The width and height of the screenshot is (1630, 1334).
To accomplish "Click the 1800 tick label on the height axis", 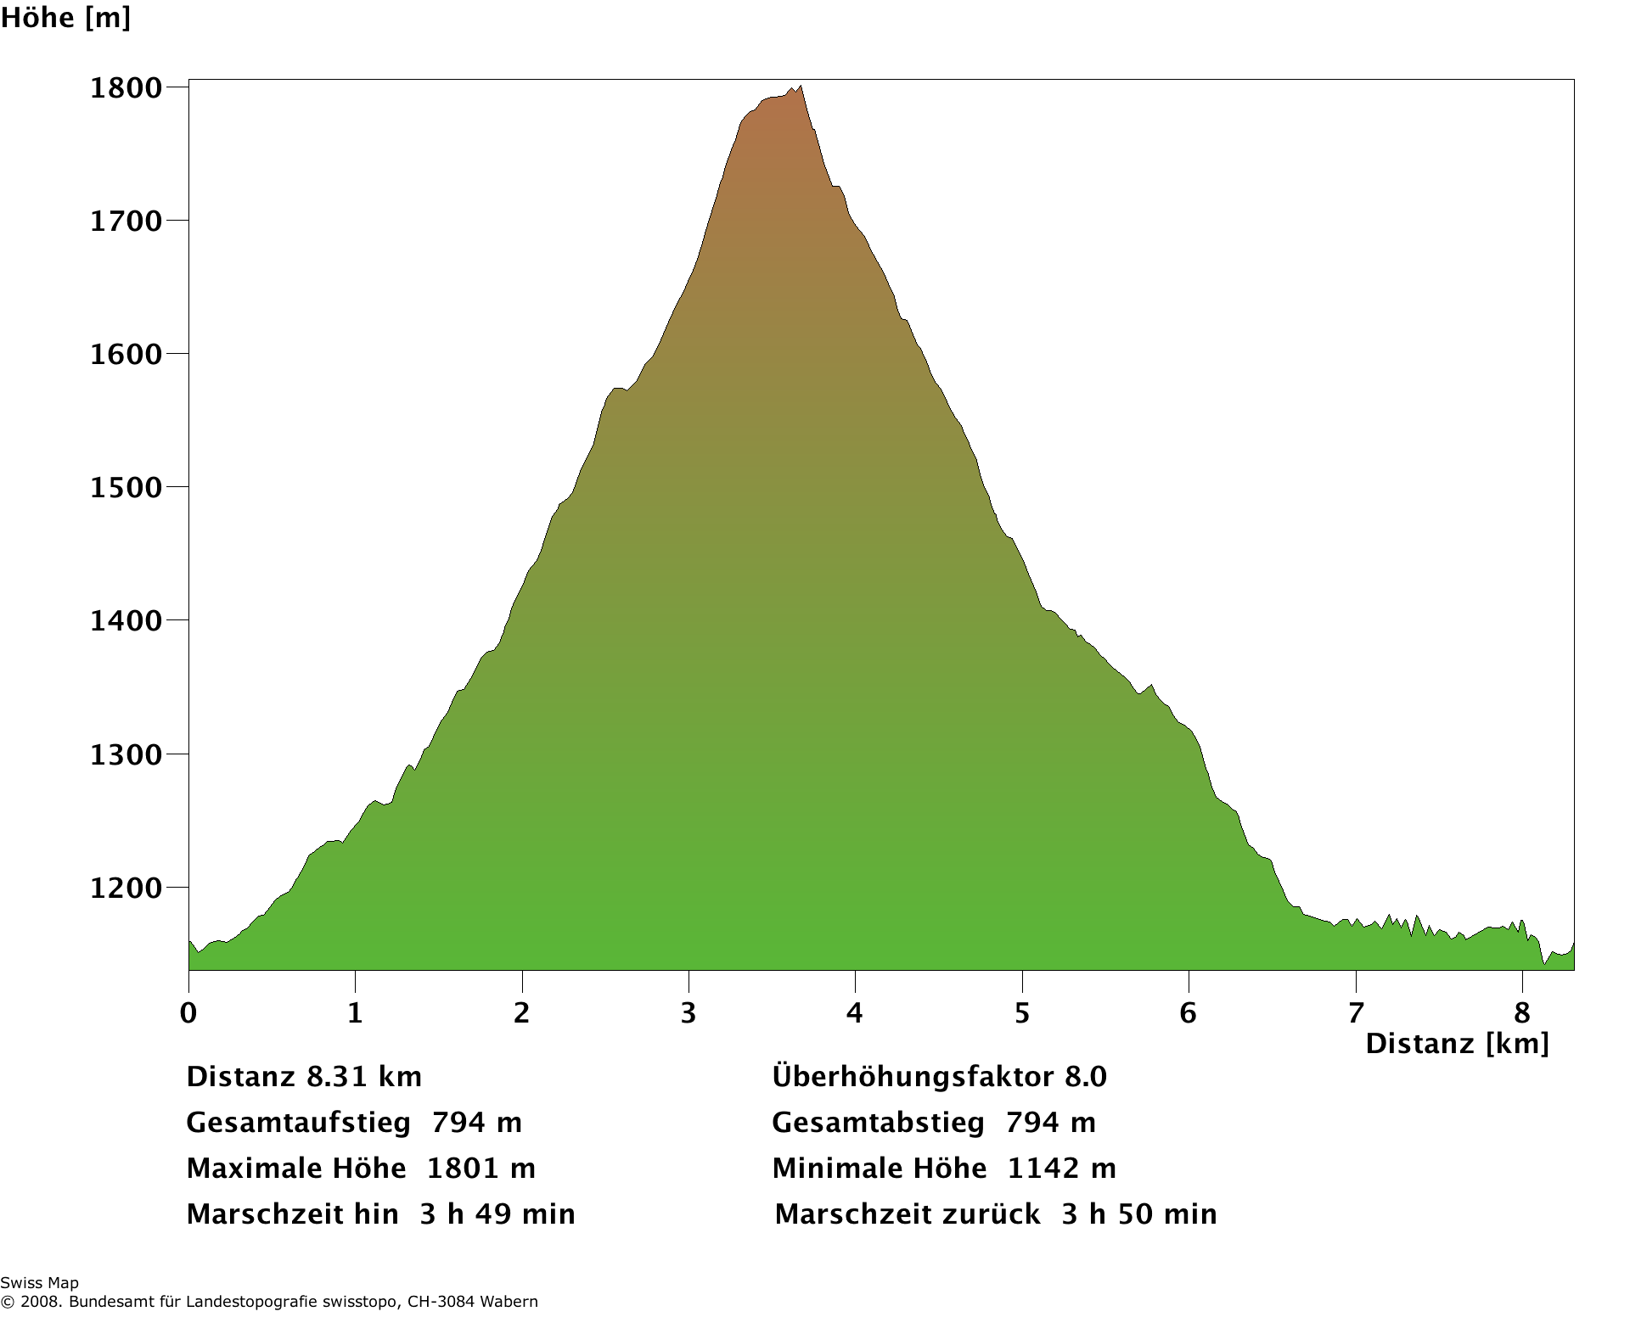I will pos(126,88).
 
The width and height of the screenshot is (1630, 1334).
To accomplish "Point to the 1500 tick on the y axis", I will pos(126,488).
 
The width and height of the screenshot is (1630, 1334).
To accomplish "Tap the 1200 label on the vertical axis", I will pos(126,888).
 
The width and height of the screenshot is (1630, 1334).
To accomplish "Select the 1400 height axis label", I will pos(126,621).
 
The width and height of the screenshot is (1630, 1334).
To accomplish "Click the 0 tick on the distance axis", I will pos(188,1012).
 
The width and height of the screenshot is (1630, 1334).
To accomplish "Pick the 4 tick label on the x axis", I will pos(855,1012).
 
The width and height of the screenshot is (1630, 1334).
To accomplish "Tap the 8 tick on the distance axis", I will pos(1522,1012).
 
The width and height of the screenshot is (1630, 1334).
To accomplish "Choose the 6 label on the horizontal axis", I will pos(1189,1012).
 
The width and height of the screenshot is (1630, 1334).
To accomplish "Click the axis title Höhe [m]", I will pos(65,18).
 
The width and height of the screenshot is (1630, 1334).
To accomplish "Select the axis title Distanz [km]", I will pos(1457,1043).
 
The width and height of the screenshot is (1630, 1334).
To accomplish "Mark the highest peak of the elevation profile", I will pos(800,87).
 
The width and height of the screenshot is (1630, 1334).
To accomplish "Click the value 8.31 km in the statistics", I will pos(364,1077).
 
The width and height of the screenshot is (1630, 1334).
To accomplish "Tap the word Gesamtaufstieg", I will pos(298,1123).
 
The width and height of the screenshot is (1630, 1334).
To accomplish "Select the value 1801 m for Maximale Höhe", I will pos(481,1169).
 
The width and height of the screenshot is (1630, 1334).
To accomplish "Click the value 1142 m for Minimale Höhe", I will pos(1061,1169).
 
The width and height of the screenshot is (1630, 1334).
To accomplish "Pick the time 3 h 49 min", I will pos(497,1214).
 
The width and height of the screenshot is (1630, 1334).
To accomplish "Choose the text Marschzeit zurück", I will pos(908,1214).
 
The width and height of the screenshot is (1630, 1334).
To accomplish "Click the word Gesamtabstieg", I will pos(878,1123).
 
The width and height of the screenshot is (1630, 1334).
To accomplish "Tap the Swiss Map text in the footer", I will pos(39,1283).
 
